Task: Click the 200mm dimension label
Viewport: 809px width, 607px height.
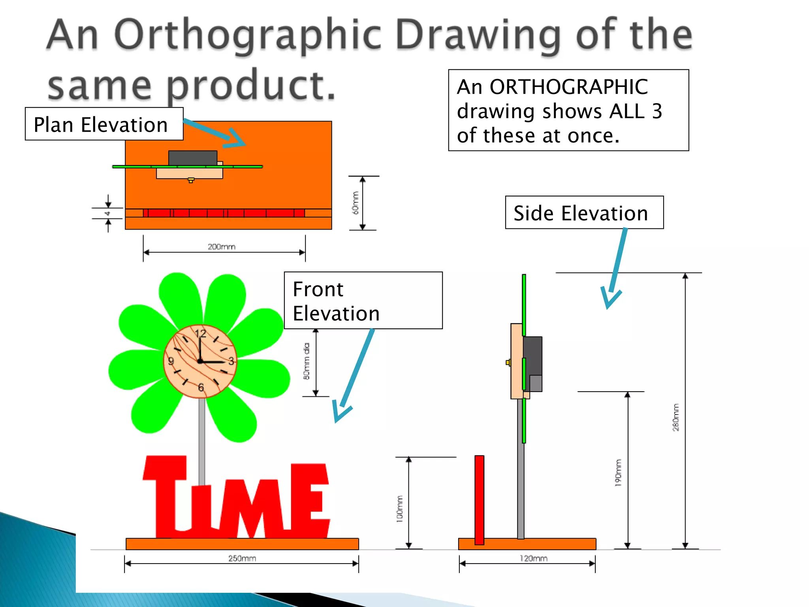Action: pos(221,247)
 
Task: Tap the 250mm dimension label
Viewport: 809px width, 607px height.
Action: pos(242,558)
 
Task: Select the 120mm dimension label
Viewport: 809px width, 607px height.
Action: pos(533,558)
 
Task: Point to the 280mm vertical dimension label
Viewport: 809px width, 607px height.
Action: pos(676,417)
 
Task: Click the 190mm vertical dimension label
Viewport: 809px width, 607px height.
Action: pos(618,473)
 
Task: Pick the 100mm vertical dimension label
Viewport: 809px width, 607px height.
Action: pos(400,509)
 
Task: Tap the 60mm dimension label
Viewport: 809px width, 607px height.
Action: pos(356,203)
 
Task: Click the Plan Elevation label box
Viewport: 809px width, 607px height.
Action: pos(104,124)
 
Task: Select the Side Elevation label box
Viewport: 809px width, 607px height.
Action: pos(584,213)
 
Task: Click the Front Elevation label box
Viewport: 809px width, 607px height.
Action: pos(363,300)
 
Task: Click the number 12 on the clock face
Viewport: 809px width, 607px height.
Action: pos(201,334)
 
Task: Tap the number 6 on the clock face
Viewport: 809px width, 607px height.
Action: pos(201,387)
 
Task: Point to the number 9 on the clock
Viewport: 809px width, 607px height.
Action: pos(171,361)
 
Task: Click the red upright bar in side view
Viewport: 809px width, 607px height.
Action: pos(479,500)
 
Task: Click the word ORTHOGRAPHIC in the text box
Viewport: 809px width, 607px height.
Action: pos(568,87)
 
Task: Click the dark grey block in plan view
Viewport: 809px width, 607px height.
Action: pos(192,158)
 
